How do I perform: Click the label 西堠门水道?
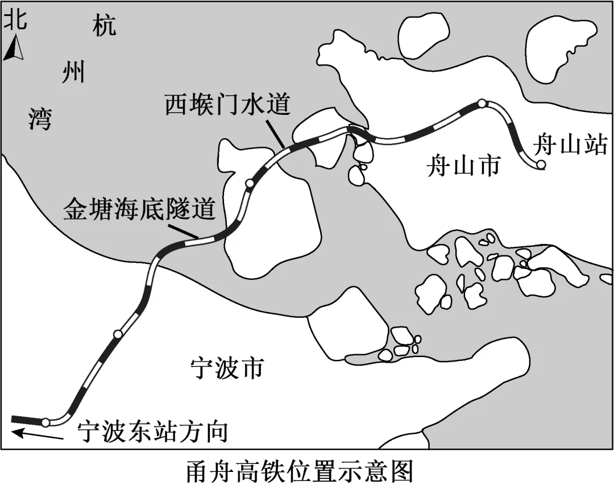tap(228, 106)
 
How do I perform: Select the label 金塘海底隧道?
tap(139, 210)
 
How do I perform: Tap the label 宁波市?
tap(226, 368)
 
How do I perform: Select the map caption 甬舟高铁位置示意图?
tap(298, 471)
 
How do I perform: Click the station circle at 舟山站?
tap(541, 165)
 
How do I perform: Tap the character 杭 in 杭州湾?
tap(105, 26)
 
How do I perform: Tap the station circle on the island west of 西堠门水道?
tap(249, 183)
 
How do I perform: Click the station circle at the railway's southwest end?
tap(45, 422)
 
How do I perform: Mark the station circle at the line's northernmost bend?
tap(482, 103)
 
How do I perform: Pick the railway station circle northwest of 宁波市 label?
tap(117, 334)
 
